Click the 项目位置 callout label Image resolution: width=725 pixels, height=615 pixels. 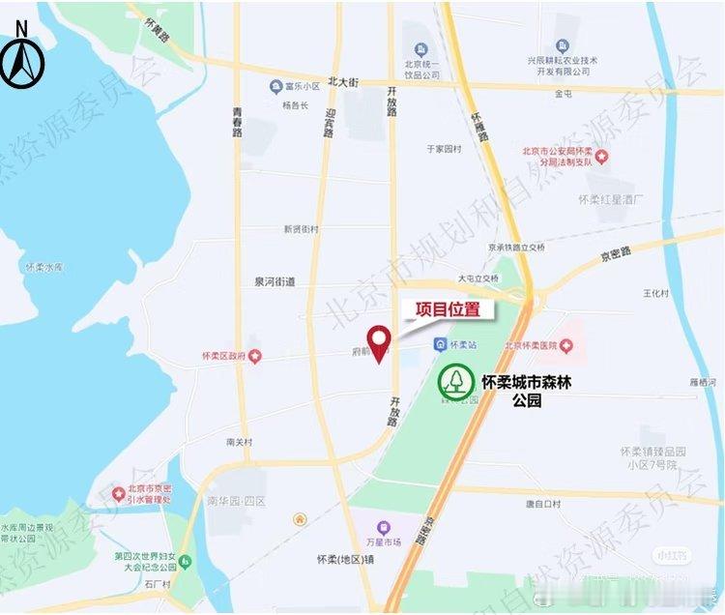(x=448, y=310)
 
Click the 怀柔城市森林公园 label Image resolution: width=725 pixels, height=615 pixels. (x=526, y=390)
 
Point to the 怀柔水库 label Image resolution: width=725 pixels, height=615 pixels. (x=43, y=267)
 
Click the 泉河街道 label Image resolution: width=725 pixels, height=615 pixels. (x=275, y=281)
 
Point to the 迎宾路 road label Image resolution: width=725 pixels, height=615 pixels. (x=330, y=125)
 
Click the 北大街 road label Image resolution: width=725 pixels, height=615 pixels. (x=343, y=83)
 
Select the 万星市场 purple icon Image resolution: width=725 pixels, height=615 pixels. (x=384, y=528)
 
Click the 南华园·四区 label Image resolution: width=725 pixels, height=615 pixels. (x=236, y=502)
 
